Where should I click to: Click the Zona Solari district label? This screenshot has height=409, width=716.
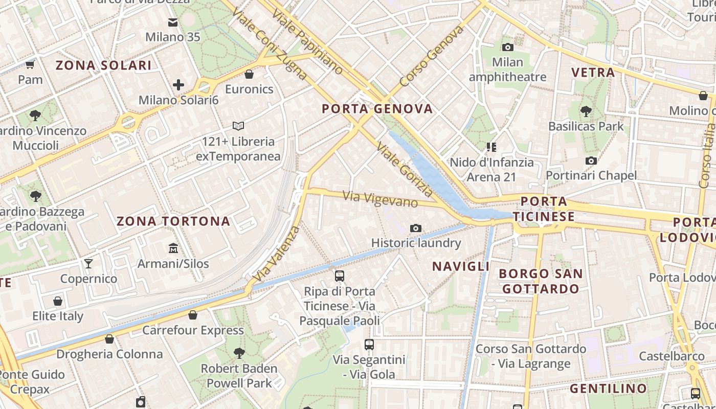[x=103, y=65]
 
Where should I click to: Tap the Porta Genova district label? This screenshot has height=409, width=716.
[x=377, y=109]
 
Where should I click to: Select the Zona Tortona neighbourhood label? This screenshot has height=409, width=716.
[x=173, y=221]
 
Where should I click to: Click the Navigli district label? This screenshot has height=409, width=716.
[x=461, y=266]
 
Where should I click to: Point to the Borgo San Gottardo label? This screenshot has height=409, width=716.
[x=541, y=281]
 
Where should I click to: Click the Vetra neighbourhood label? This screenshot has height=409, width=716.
[x=593, y=73]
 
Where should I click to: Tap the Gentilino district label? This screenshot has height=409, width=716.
[x=608, y=389]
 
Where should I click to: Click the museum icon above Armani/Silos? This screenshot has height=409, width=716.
[x=173, y=248]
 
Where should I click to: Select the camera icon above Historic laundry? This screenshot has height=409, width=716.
[x=416, y=228]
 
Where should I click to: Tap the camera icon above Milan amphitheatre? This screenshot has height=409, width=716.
[x=507, y=48]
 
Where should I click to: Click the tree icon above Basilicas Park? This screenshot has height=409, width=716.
[x=586, y=111]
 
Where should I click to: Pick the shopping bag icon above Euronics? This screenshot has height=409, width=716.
[x=249, y=75]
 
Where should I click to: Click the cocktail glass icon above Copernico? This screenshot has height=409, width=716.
[x=88, y=264]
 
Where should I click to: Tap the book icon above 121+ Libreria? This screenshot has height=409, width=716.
[x=238, y=126]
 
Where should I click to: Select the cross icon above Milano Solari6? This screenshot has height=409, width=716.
[x=178, y=85]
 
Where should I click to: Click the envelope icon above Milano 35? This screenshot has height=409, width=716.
[x=173, y=22]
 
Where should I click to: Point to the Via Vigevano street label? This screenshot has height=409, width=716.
[x=380, y=199]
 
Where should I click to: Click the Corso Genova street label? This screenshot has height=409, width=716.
[x=432, y=56]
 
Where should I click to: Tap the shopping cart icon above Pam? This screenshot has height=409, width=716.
[x=30, y=65]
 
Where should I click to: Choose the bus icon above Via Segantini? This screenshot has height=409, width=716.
[x=369, y=345]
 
